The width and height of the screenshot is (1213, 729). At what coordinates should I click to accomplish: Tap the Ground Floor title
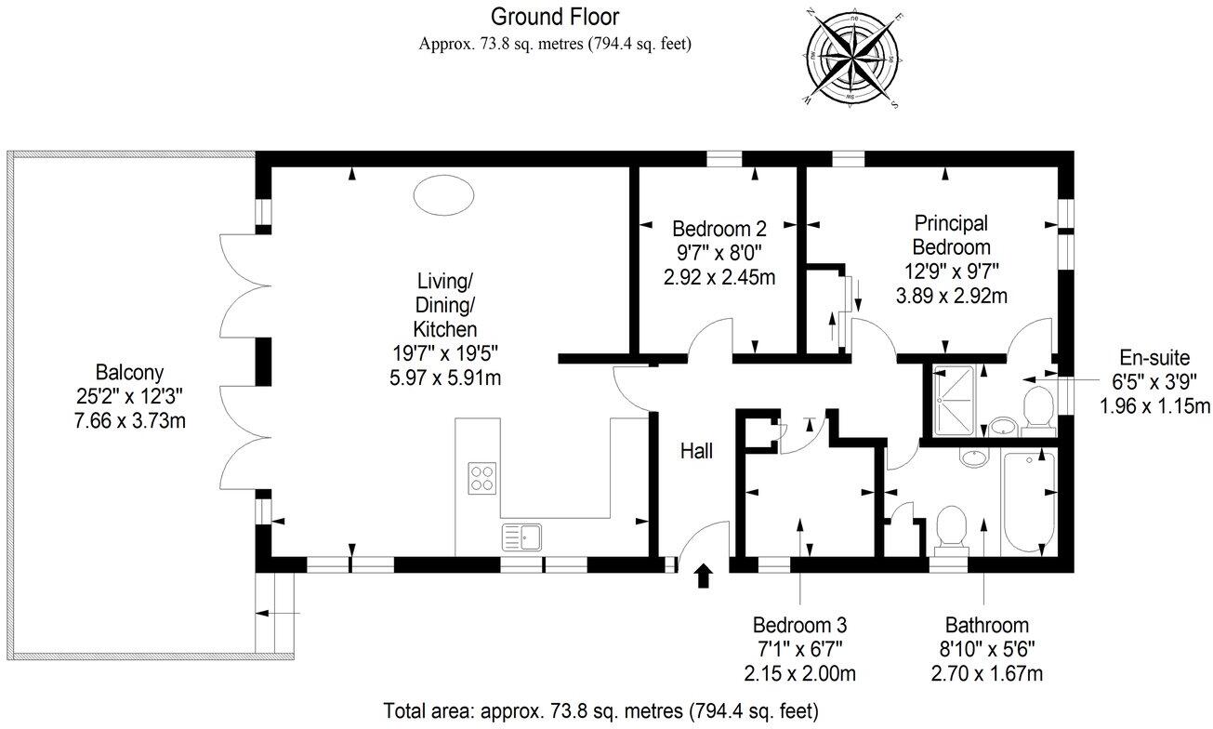coord(554,16)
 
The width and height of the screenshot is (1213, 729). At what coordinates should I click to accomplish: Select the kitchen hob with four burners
coord(482,477)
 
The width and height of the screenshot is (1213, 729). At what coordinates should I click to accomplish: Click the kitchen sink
coord(522,537)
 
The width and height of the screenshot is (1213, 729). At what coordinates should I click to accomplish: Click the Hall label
coord(696,451)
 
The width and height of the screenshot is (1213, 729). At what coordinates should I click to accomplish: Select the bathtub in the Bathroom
coord(1029,503)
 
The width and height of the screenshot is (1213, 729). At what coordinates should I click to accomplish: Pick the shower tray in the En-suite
coord(950,401)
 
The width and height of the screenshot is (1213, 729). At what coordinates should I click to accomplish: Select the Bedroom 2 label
coord(719,229)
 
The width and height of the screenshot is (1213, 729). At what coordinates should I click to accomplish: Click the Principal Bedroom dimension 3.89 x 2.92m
coord(951,297)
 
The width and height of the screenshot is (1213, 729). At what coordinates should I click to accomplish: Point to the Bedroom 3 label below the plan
coord(799,625)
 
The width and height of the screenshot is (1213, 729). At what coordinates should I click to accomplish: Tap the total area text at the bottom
coord(600,711)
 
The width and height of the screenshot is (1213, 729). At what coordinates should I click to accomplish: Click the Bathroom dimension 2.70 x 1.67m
coord(987,673)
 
